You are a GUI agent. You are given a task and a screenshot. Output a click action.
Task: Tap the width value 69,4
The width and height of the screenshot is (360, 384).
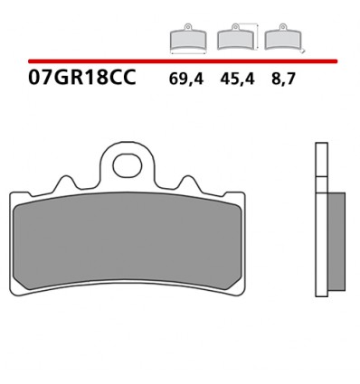pyautogui.click(x=185, y=79)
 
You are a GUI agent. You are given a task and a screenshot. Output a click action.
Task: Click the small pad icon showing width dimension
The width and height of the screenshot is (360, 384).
pyautogui.click(x=188, y=38)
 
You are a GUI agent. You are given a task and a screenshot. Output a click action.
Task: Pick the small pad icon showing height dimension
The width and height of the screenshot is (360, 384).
pyautogui.click(x=235, y=38)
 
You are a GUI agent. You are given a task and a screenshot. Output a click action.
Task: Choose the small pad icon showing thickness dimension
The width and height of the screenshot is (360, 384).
pyautogui.click(x=281, y=38)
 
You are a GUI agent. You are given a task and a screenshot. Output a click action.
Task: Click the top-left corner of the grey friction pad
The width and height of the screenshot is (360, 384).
pyautogui.click(x=20, y=204)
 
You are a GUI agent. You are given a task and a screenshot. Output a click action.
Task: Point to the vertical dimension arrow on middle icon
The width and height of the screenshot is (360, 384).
pyautogui.click(x=258, y=37)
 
